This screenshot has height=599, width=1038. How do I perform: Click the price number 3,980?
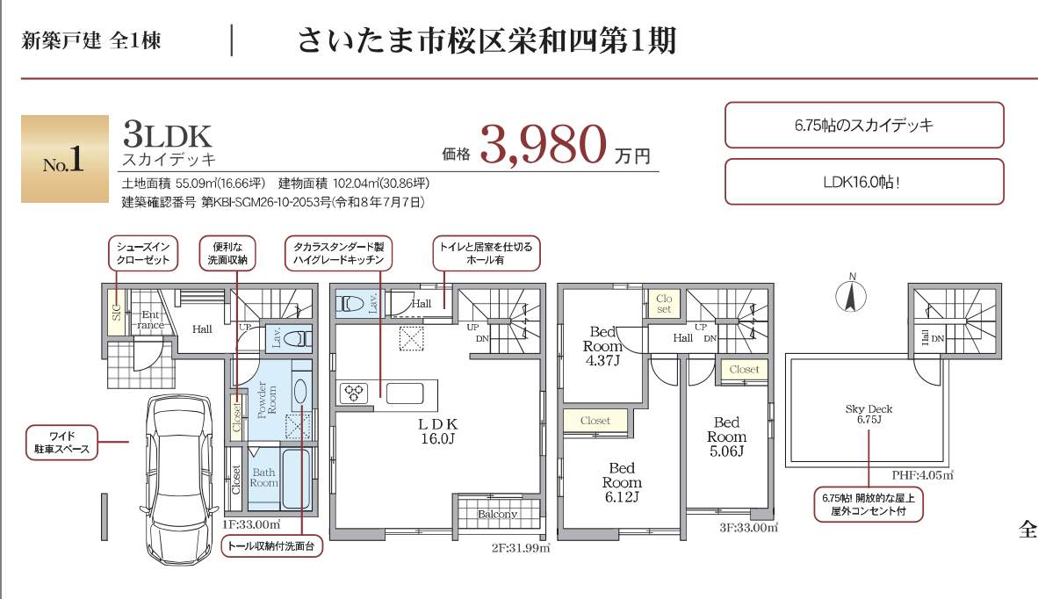[543, 144]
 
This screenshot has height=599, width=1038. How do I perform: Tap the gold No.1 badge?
[65, 159]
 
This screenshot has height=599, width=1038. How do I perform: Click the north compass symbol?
[851, 293]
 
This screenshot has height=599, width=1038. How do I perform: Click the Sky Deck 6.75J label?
[869, 415]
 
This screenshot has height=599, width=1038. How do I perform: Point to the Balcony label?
[497, 515]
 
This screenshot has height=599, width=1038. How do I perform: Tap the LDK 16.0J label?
[437, 431]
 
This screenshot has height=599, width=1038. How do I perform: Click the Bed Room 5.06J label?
[726, 437]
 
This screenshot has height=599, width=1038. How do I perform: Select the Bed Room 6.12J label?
[622, 482]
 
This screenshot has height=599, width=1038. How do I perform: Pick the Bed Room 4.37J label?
[602, 346]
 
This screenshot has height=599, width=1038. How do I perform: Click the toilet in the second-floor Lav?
[350, 305]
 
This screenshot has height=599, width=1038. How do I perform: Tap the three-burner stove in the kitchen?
[353, 393]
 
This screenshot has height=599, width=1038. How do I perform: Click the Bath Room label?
[263, 478]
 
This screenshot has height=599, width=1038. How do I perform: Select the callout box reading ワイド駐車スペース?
[61, 443]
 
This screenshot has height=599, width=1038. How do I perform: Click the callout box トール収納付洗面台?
[271, 546]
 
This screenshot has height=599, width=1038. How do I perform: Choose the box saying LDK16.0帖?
[864, 181]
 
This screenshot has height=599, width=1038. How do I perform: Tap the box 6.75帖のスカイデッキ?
[864, 125]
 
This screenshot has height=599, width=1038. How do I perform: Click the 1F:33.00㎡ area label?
[251, 525]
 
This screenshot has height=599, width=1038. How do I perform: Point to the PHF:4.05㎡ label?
[922, 475]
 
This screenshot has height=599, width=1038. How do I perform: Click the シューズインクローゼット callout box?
[144, 254]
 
